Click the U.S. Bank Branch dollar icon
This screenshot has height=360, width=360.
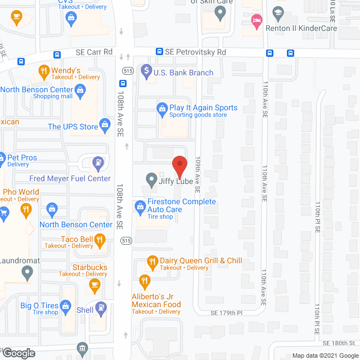click(146, 71)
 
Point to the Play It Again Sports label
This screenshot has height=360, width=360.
click(204, 107)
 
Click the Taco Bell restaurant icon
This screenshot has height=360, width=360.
click(100, 241)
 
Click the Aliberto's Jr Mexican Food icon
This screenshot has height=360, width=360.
click(145, 280)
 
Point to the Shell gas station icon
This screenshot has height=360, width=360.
click(101, 308)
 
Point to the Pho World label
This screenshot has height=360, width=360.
click(21, 192)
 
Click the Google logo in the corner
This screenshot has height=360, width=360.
click(18, 353)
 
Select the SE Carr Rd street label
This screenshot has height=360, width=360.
click(94, 52)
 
